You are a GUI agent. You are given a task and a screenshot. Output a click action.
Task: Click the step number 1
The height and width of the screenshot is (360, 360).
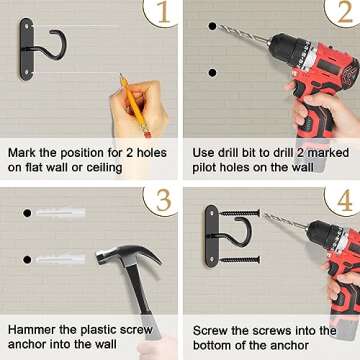point(163,12)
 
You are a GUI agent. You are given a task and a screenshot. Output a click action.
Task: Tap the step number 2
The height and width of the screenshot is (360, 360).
point(345,12)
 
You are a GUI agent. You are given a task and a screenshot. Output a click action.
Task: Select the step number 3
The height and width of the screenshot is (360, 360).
point(163,200)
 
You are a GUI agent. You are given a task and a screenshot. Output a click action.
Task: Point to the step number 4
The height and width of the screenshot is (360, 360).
point(345,200)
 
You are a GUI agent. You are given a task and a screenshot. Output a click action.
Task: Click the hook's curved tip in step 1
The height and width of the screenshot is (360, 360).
point(52,32)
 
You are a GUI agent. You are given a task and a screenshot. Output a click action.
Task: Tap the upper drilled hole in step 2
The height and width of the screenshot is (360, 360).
point(212,26)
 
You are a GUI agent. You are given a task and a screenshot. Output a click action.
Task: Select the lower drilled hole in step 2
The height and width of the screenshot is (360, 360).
point(212,73)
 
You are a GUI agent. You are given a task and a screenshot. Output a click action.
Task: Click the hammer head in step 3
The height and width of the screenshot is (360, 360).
point(128,255)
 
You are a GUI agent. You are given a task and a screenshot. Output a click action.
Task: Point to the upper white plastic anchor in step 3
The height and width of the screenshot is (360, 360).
point(60,213)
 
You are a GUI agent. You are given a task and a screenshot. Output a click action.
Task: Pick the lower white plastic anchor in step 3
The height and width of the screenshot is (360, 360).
point(60,259)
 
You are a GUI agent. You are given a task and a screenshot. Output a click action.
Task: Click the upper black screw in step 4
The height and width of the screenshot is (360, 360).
point(240,213)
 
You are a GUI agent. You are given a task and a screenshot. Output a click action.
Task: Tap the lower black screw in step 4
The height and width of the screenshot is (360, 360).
point(240,260)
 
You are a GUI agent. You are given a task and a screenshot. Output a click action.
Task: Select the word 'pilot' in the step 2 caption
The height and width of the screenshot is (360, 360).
point(203,167)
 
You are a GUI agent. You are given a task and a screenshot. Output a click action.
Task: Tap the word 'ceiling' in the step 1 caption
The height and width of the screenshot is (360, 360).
point(104,168)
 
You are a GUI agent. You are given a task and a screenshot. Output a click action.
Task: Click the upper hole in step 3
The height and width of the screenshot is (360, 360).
point(27,213)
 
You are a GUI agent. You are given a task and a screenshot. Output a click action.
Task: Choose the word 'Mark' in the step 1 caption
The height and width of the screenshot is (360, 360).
point(22,153)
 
